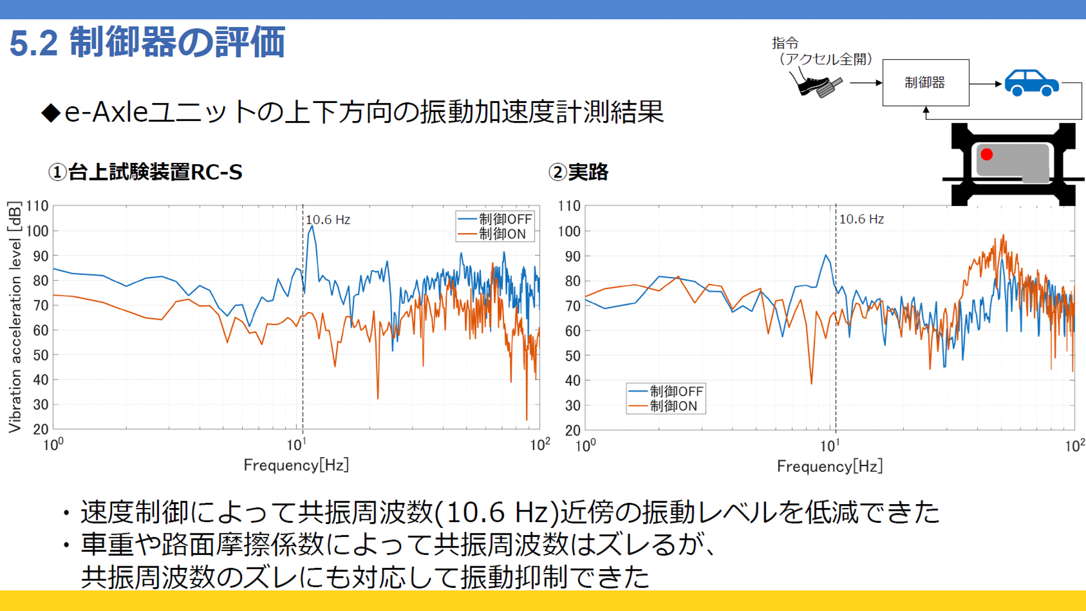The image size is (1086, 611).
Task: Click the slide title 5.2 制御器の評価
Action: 147,42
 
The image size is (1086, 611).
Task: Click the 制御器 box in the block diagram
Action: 925,83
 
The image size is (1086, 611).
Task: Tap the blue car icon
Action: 1031,83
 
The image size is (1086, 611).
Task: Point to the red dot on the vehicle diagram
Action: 986,154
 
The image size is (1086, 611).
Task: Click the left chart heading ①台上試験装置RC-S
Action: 145,172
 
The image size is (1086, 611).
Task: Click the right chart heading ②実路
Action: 578,172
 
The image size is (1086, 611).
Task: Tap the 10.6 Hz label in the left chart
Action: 328,220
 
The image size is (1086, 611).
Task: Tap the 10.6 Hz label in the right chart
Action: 861,219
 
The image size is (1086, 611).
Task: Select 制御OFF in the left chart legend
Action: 505,219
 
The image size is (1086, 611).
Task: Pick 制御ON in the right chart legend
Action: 673,406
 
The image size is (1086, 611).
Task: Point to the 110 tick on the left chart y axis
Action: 37,206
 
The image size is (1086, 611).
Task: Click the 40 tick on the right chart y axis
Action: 572,381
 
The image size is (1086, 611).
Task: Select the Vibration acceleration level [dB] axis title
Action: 15,317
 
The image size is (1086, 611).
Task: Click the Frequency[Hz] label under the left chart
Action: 296,465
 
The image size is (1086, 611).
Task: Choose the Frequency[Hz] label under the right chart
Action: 829,466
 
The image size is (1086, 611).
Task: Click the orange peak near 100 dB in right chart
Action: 1003,236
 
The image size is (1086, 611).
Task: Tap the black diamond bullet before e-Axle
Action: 51,113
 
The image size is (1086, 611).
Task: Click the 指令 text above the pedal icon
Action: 785,43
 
